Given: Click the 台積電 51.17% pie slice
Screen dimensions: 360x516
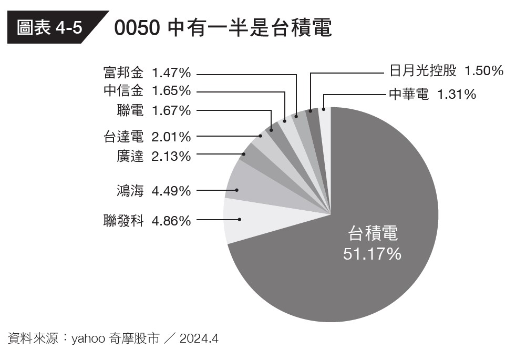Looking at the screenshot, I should tap(368, 273).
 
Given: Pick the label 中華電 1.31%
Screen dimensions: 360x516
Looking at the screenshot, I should tap(432, 95).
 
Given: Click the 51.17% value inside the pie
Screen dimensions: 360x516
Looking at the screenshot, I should tap(372, 254).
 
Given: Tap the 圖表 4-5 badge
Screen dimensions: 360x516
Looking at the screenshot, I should tap(50, 28).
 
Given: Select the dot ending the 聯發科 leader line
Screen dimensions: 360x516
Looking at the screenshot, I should tap(240, 219).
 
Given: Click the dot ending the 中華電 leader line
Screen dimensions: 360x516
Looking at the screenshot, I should tap(324, 109).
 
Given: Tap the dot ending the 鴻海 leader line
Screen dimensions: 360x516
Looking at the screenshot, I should tap(238, 190).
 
